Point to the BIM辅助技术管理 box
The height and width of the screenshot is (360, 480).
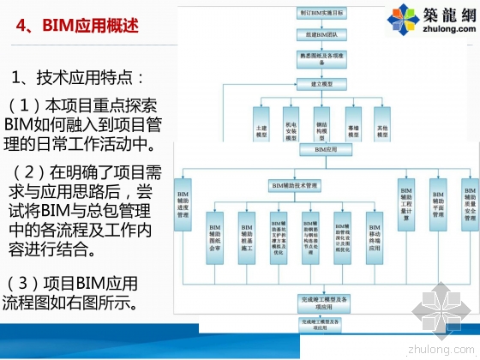294,185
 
